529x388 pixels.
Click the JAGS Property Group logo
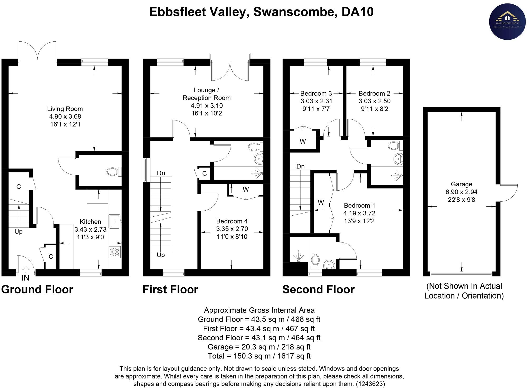coord(507,22)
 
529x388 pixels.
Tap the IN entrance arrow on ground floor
coord(26,269)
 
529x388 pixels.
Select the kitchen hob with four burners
coord(115,252)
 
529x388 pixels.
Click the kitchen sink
coord(115,221)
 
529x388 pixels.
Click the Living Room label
coord(65,109)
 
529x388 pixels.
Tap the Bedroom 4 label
coord(232,221)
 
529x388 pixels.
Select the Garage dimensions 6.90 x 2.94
coord(461,192)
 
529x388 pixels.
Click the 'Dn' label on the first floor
coord(161,173)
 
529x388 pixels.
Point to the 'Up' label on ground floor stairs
coord(18,232)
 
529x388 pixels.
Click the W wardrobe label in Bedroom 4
coord(246,189)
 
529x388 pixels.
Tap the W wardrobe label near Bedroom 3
coord(303,142)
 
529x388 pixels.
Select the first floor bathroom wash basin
coord(259,159)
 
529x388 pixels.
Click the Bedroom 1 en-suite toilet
coord(315,259)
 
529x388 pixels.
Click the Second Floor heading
coord(318,290)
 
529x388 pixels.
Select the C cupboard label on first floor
coord(204,173)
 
